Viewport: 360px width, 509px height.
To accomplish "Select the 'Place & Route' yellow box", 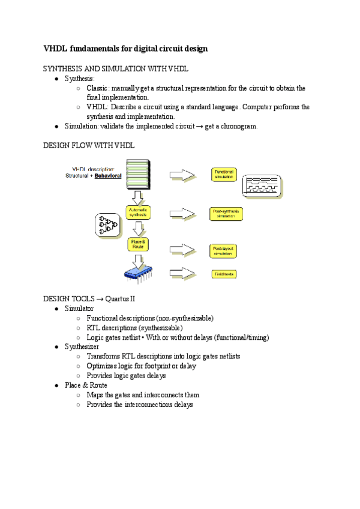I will point(139,244).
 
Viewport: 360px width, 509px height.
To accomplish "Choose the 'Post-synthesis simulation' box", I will point(225,213).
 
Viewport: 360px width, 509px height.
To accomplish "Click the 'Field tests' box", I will point(225,274).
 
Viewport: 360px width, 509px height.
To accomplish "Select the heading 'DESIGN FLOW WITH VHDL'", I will point(89,146).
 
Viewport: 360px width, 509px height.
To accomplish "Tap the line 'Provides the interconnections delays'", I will point(140,405).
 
